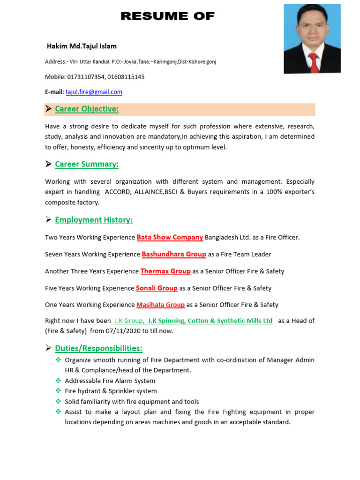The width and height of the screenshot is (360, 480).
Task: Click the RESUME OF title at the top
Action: (167, 16)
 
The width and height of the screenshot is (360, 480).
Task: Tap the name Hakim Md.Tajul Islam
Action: (82, 46)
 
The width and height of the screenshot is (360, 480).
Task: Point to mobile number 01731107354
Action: (86, 77)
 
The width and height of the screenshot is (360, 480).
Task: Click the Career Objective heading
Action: (87, 109)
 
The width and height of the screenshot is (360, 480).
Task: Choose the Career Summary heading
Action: (87, 164)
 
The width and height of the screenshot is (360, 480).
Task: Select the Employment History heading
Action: (94, 220)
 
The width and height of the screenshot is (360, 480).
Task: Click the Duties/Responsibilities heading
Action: (98, 348)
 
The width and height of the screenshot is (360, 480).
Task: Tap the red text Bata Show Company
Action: (170, 237)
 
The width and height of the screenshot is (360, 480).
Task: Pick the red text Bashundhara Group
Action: (174, 254)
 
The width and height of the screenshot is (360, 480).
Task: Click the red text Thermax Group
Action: (165, 271)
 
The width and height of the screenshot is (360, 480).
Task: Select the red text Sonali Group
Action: (157, 288)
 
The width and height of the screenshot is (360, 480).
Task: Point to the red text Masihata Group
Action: (160, 305)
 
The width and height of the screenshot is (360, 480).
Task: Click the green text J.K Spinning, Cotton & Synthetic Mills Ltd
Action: (210, 321)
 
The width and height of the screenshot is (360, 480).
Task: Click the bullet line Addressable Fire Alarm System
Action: (110, 381)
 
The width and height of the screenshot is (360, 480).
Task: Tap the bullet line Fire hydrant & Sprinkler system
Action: (111, 391)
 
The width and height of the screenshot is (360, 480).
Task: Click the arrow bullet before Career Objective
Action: (48, 109)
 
